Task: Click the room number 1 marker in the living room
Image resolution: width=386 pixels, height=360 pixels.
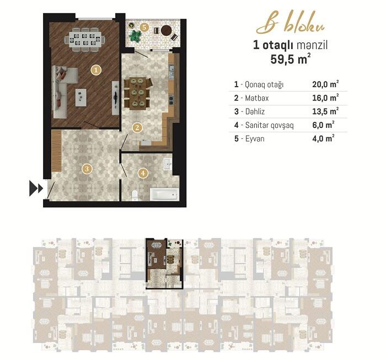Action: point(96,70)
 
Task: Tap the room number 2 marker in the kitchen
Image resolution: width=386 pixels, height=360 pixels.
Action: point(137,127)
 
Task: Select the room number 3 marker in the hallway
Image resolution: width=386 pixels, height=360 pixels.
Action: point(87,169)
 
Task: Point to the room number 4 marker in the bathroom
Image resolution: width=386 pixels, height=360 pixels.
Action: point(143,173)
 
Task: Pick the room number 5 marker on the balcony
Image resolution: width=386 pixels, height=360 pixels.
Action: point(144,28)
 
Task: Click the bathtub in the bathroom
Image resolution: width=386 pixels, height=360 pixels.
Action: point(164,195)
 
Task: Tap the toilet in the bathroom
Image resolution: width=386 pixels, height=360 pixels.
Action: point(135,195)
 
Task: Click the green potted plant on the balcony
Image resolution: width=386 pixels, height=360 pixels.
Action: point(135,36)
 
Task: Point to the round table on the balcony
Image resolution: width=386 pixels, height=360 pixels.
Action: point(167,30)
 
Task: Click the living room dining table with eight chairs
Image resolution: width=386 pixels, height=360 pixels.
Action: point(85,40)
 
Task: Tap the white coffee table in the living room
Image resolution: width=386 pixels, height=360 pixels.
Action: point(81,98)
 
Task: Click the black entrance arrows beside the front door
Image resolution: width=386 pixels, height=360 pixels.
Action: point(36,188)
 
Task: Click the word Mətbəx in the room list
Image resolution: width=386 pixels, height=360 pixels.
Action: point(257,98)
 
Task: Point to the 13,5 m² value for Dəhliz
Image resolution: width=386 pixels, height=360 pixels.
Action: point(325,111)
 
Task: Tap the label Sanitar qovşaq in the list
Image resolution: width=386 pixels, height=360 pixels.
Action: point(269,125)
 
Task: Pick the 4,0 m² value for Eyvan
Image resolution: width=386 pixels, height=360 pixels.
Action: point(323,138)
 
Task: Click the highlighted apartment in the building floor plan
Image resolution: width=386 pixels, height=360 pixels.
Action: point(164,264)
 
